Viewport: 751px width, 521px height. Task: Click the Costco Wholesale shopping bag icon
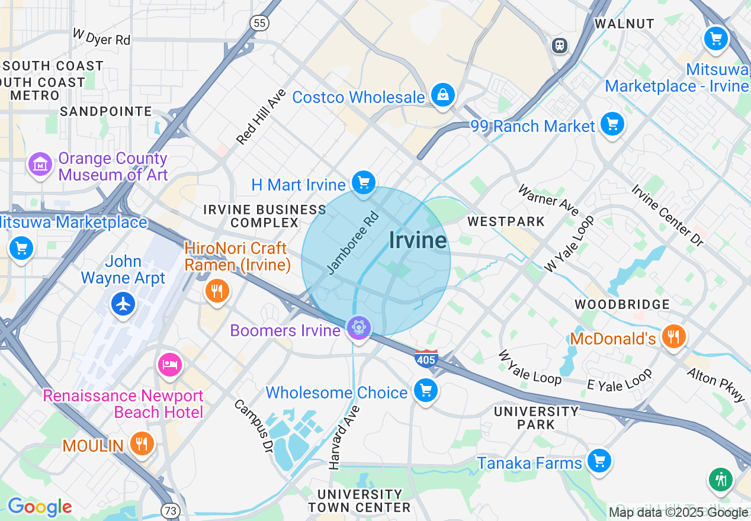tap(442, 94)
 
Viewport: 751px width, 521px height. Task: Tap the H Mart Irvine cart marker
tap(363, 182)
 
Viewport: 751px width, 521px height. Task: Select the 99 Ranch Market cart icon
tap(612, 124)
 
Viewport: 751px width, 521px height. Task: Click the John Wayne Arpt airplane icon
tap(123, 304)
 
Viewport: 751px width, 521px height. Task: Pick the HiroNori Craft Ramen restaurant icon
tap(217, 290)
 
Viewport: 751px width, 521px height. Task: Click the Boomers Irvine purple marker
tap(359, 327)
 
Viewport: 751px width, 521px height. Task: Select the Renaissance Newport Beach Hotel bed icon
tap(170, 364)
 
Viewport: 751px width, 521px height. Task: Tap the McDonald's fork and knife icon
tap(673, 336)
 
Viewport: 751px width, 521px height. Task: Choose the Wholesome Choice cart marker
tap(425, 390)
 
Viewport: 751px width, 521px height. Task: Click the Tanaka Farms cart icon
tap(599, 460)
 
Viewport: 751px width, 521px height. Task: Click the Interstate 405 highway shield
tap(426, 358)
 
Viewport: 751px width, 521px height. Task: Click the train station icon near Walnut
tap(559, 45)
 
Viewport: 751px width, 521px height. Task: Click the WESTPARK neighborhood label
tap(506, 221)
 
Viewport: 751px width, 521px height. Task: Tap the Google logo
tap(39, 507)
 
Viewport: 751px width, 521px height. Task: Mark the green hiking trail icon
tap(720, 479)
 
